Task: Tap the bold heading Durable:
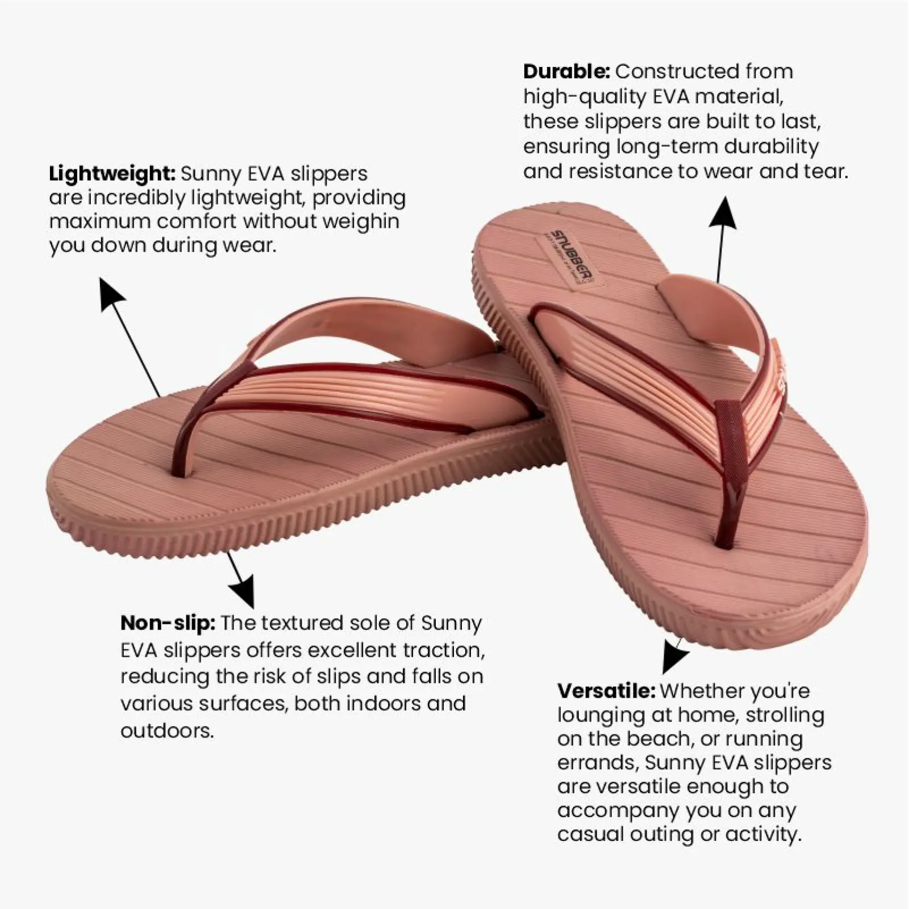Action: click(x=566, y=72)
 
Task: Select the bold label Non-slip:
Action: click(x=168, y=623)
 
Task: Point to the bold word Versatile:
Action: click(x=606, y=691)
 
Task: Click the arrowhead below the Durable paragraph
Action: click(x=723, y=214)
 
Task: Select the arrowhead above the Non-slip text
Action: click(x=243, y=591)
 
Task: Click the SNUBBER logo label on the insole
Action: click(x=566, y=258)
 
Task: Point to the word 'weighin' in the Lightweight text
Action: click(x=361, y=221)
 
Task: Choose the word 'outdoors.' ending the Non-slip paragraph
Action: click(x=167, y=731)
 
